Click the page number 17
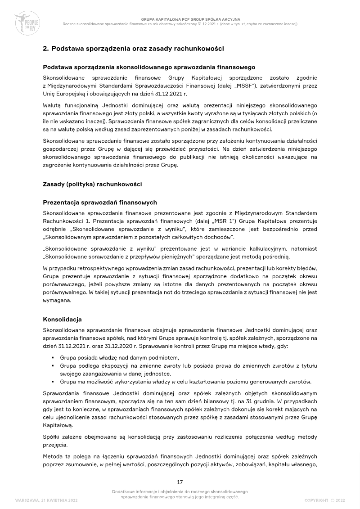point(180,482)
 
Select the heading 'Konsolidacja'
point(62,320)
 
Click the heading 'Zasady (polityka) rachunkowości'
point(92,185)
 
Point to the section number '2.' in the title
point(46,48)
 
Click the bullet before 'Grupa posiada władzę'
point(53,357)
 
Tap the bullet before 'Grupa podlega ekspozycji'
point(53,365)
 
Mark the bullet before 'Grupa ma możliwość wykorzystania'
point(53,382)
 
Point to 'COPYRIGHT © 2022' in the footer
point(324,500)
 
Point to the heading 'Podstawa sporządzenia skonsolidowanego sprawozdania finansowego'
point(149,68)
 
